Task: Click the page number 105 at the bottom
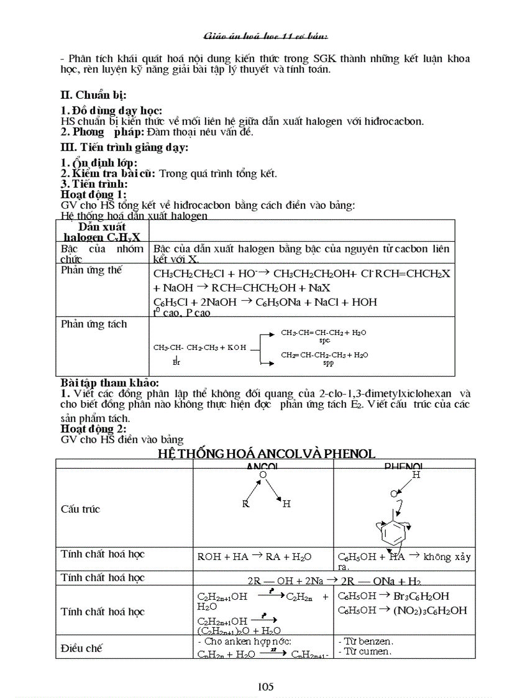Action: tap(265, 687)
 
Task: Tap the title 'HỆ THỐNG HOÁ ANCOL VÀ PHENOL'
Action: tap(267, 454)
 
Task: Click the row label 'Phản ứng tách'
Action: tap(94, 324)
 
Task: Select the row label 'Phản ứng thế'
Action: tap(91, 270)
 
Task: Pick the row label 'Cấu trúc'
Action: tap(80, 509)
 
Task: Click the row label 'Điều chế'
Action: tap(81, 648)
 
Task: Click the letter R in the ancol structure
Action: tap(245, 504)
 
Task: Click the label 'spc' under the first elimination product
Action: tap(324, 341)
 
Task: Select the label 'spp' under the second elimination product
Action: tap(328, 363)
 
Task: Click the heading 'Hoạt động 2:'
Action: tap(93, 429)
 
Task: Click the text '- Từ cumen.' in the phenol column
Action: tap(365, 651)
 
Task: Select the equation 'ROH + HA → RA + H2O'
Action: tap(254, 557)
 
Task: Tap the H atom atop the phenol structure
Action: tap(417, 475)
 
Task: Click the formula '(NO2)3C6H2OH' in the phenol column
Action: tap(430, 610)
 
